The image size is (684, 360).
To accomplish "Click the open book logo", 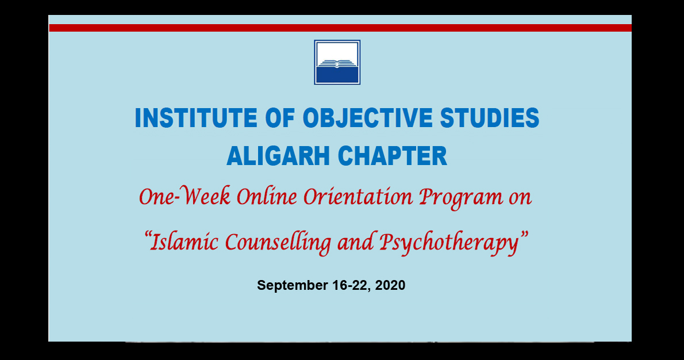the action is pos(337,63).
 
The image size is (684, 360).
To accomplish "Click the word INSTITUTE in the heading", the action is pos(196,118).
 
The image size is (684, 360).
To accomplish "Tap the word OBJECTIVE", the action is pos(367,118).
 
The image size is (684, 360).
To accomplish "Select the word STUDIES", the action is pos(490,118).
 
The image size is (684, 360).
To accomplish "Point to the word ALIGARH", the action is pos(278,156).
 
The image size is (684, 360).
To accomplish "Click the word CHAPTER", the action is pos(392,156).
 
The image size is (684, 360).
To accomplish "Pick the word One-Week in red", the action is pos(185,196).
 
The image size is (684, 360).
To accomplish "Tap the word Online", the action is pos(267,196).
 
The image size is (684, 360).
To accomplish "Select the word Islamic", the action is pos(183,241).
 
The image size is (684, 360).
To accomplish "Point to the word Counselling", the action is pos(278,243).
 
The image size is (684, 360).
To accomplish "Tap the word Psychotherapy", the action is pos(449,243).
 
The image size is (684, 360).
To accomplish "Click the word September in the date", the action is pos(292,285).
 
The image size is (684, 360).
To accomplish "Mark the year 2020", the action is pos(390,285).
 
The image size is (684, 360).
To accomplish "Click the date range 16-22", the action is pos(352,285).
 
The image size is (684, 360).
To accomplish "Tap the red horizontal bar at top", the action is pos(340,28).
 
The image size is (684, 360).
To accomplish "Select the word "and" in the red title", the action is pos(355,241).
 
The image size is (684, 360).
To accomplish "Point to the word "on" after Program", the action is pos(520,198).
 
